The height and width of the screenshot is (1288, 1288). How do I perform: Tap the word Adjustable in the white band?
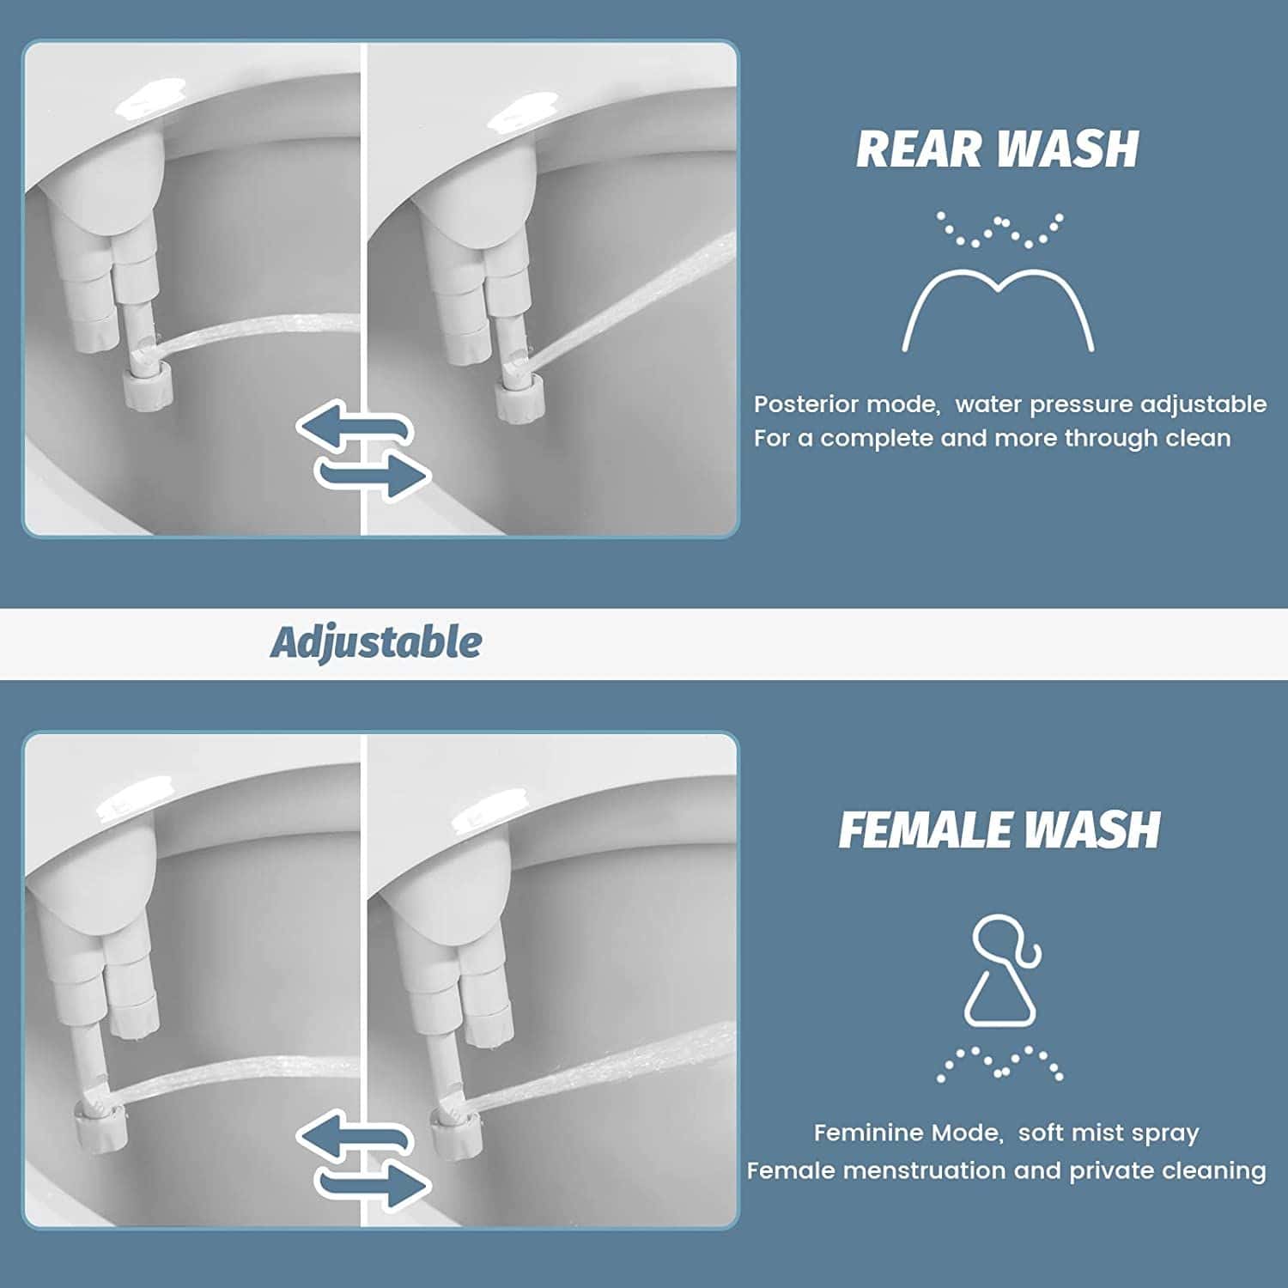pos(376,642)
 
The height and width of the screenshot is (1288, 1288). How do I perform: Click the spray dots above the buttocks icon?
pos(999,230)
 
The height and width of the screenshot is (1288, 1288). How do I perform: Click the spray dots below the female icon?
pos(999,1063)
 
